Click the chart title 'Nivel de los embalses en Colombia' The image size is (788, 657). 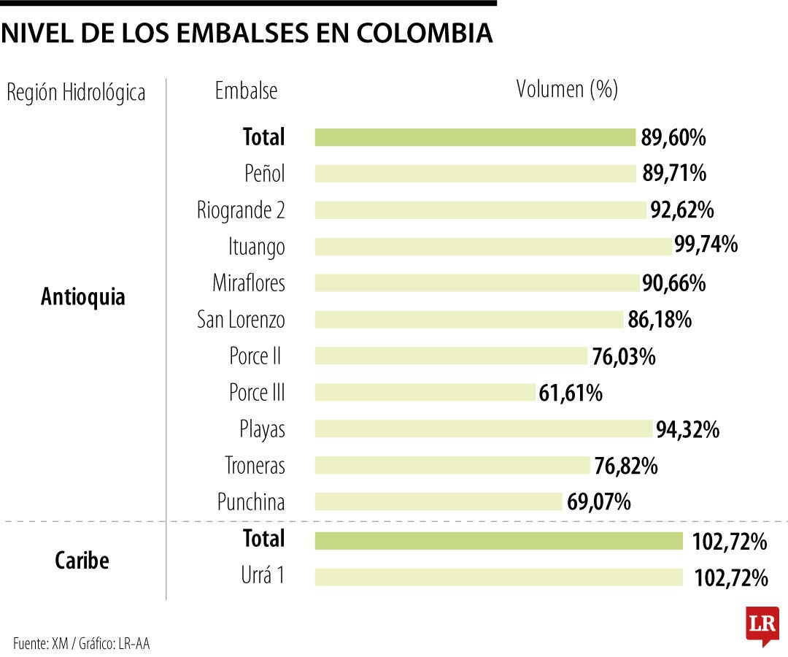[x=247, y=34]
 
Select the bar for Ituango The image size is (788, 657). [x=493, y=247]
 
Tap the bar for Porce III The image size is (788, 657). [x=425, y=393]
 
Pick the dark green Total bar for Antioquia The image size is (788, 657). [x=476, y=137]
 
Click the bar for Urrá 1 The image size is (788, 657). [x=498, y=577]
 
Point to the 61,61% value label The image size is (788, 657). [x=571, y=393]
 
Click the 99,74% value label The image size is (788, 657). [x=706, y=245]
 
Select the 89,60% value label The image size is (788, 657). [x=673, y=137]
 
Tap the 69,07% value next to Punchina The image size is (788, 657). [x=598, y=502]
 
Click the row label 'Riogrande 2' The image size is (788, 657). [x=241, y=210]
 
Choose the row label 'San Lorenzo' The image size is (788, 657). [x=241, y=320]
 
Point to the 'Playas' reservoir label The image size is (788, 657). [x=262, y=429]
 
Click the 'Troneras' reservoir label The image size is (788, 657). [x=255, y=466]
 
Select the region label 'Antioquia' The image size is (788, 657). [x=83, y=297]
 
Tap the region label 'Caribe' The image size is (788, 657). [x=82, y=561]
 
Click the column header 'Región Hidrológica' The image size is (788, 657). [x=76, y=93]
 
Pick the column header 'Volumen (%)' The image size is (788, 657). [x=567, y=89]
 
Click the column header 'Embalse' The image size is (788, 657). [x=246, y=91]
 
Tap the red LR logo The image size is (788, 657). [x=762, y=625]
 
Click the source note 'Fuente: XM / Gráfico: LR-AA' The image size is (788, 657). [x=82, y=643]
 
